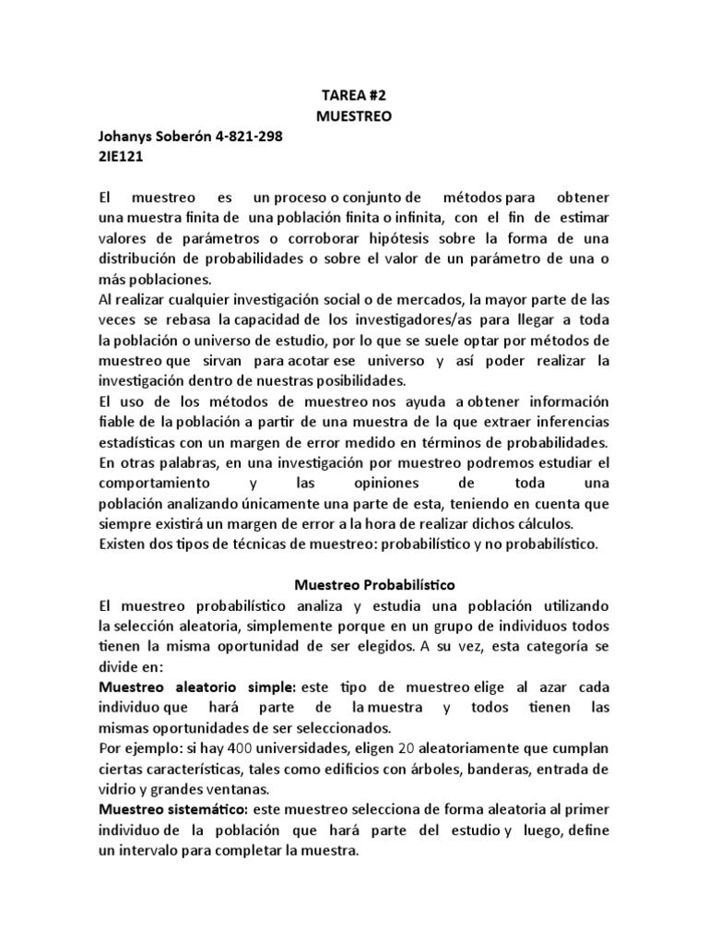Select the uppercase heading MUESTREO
354,116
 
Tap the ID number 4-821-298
248,138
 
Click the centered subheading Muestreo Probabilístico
374,585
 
